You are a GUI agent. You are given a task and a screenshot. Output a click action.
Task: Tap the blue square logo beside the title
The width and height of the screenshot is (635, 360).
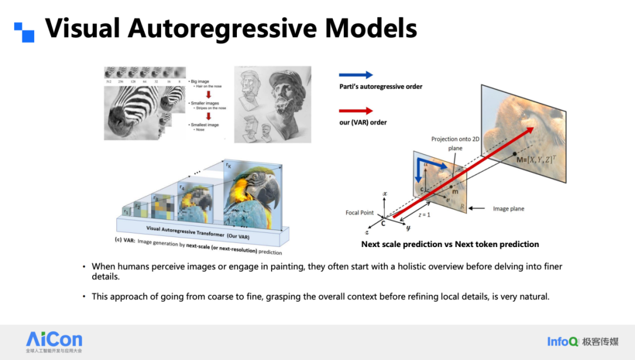tap(24, 32)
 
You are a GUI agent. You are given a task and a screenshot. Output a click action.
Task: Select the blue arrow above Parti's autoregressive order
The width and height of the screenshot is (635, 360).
tap(356, 75)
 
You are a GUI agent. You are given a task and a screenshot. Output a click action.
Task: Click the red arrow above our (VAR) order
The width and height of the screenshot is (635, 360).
tap(356, 111)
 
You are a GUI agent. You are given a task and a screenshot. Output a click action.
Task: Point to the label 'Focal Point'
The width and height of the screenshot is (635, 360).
tap(360, 213)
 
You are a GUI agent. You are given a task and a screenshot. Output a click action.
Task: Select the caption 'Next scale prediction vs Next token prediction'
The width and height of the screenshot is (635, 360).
tap(450, 244)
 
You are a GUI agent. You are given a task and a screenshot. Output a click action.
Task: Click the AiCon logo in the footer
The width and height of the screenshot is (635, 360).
tap(54, 340)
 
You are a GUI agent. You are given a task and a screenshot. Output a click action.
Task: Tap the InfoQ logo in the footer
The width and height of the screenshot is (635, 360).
tap(563, 342)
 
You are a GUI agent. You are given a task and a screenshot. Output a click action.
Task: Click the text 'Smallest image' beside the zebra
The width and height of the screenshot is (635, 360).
tap(205, 125)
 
